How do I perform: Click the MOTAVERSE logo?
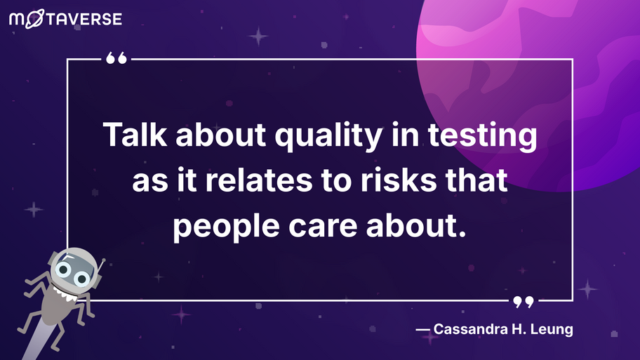[65, 19]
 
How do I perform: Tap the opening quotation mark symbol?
[116, 60]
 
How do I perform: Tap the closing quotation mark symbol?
[523, 302]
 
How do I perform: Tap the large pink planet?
[533, 84]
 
